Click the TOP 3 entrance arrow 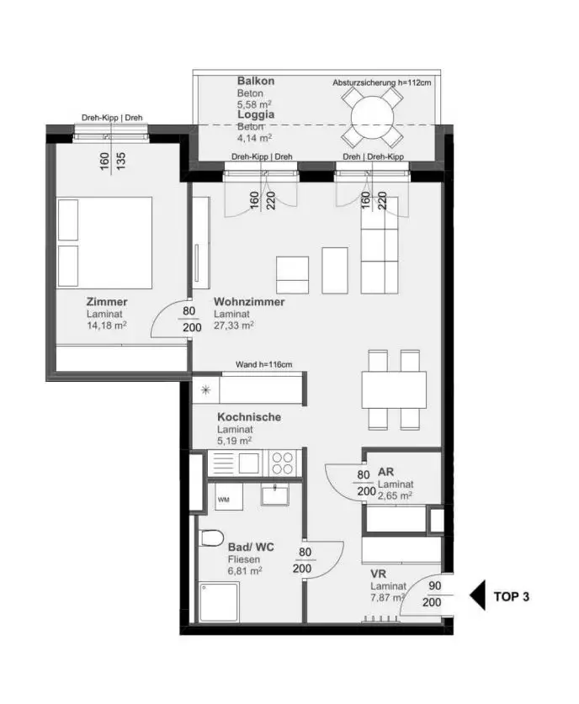477,596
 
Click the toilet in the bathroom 210,538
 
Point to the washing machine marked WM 223,500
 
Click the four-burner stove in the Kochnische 281,463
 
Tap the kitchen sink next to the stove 248,463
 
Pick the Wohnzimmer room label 249,302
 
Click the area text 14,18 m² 106,326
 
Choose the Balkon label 256,81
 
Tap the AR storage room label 386,472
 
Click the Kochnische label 249,417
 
